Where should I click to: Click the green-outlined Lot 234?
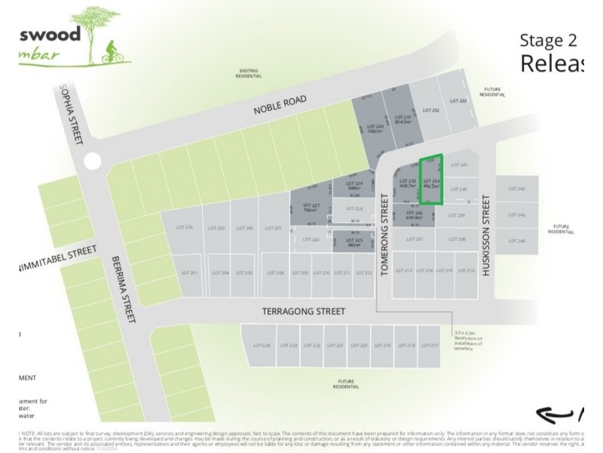431,181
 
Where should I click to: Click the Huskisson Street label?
487,236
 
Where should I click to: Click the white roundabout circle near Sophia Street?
92,160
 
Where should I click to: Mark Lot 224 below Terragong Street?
262,345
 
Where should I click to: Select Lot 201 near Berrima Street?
189,273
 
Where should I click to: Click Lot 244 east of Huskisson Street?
516,240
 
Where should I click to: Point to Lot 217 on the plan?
429,345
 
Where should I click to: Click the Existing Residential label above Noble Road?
249,73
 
